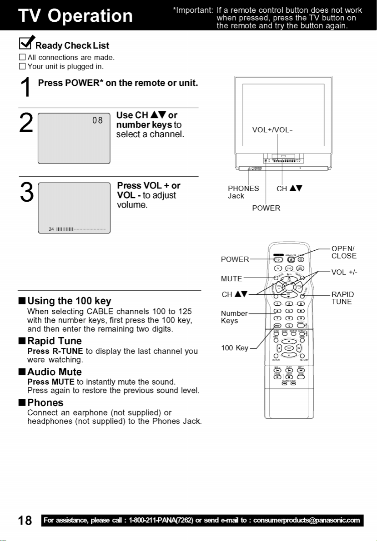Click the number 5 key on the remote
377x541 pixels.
click(x=289, y=311)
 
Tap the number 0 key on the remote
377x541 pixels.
click(x=289, y=326)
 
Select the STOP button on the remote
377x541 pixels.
click(x=289, y=377)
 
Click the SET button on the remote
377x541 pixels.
click(x=289, y=348)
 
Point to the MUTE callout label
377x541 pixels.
click(x=231, y=278)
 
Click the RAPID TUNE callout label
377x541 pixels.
click(x=342, y=298)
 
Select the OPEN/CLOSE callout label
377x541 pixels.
click(x=344, y=252)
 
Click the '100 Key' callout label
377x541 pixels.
click(x=234, y=348)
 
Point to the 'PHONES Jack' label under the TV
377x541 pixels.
click(x=243, y=192)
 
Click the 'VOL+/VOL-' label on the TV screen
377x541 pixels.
click(x=272, y=130)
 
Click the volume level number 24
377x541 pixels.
click(x=51, y=228)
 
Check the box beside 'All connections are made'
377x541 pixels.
click(x=22, y=58)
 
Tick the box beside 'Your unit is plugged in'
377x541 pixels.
click(x=22, y=66)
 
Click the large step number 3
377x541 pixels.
click(x=27, y=194)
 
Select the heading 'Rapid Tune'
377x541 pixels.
click(x=55, y=341)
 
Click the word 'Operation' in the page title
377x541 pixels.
click(x=90, y=16)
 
